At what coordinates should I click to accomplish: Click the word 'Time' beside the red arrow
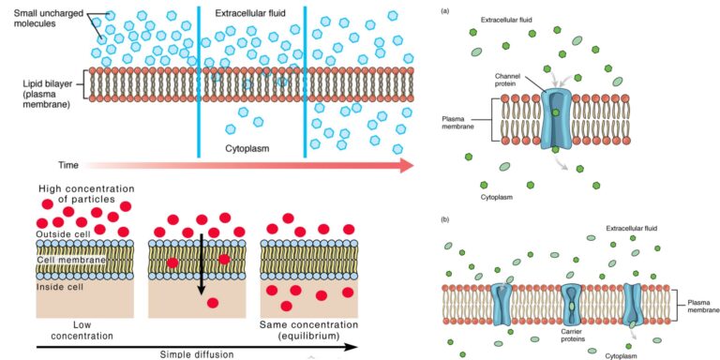point(68,165)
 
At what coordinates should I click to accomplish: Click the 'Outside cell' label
point(62,233)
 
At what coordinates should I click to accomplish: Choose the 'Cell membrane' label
point(63,259)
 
